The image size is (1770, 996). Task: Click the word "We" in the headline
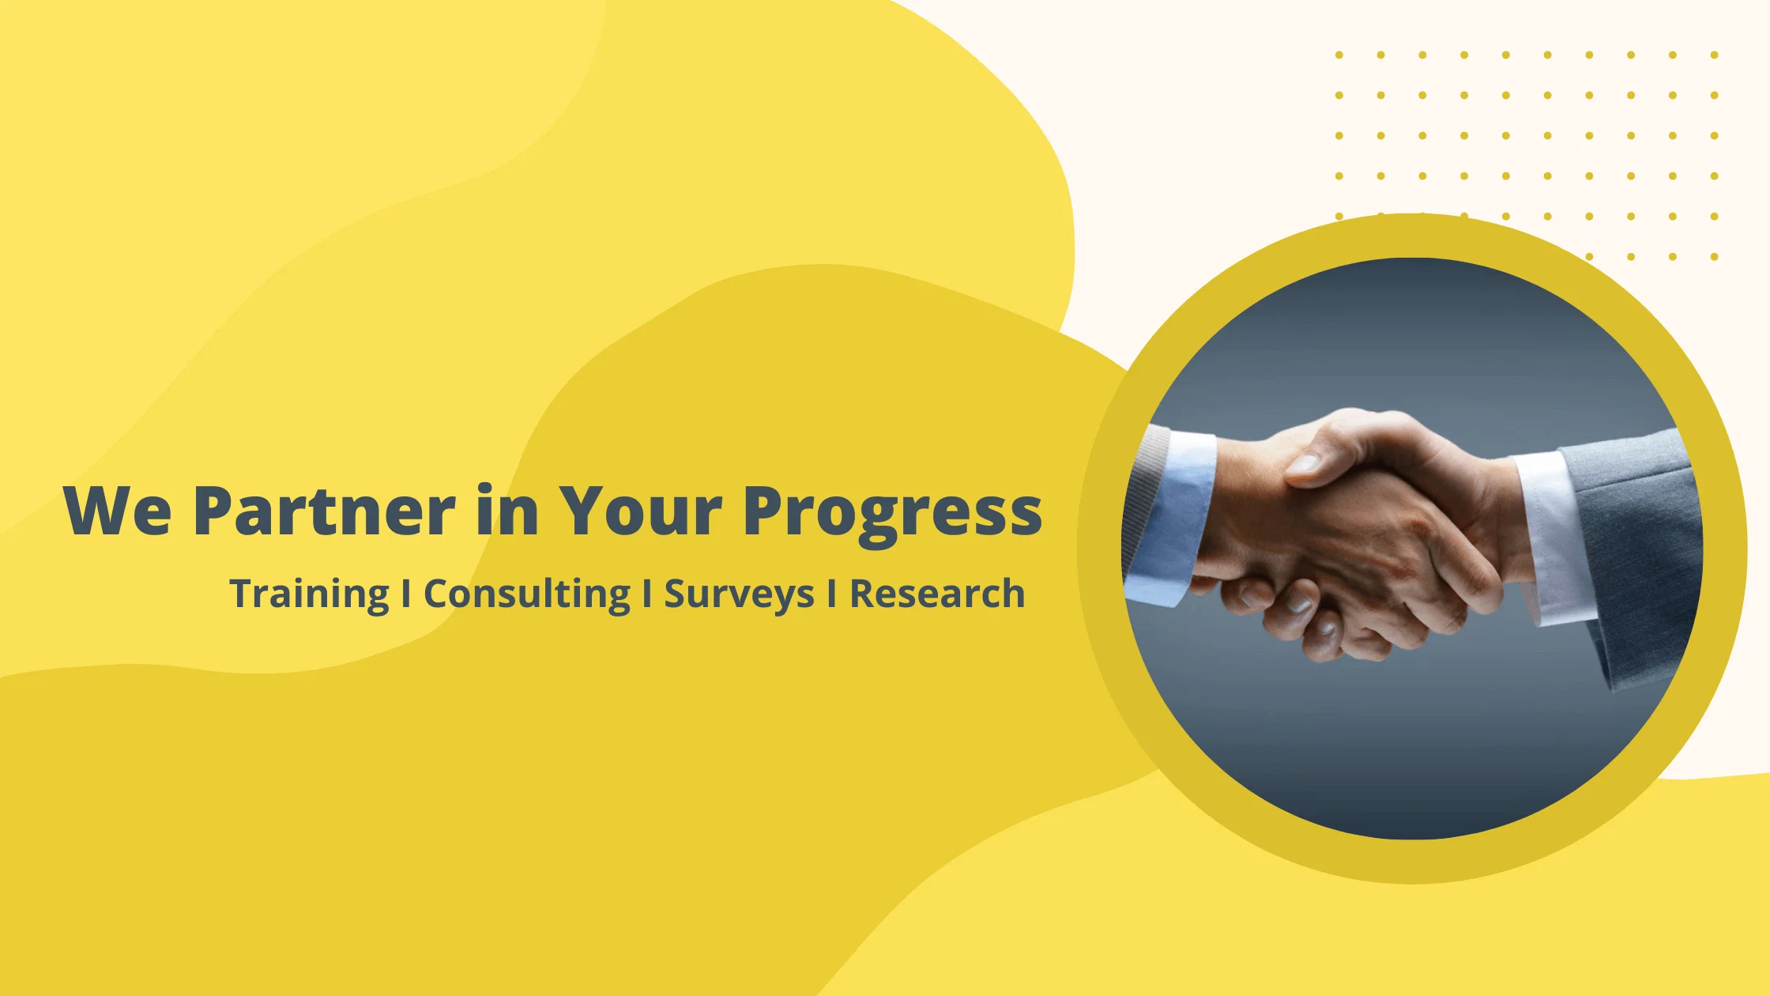118,510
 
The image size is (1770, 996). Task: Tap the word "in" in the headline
507,510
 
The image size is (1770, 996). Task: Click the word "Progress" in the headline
893,515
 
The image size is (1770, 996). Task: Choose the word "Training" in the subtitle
310,594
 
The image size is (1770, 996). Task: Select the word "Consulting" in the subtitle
527,594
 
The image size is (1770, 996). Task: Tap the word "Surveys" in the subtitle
739,594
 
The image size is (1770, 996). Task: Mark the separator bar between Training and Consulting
406,593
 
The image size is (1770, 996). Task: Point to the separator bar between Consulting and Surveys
647,593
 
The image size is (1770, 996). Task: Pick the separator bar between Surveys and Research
831,593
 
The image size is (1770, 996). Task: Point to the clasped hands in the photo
1359,538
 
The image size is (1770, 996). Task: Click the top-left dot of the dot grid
1339,55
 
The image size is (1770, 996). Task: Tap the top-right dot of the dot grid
1714,55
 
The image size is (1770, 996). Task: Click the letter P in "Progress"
763,510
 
